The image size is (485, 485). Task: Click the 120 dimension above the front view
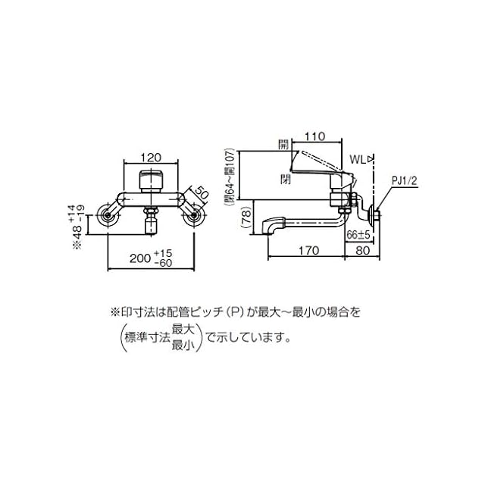tap(152, 158)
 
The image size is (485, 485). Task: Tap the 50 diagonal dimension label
tap(202, 194)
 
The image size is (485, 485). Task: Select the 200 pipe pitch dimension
tap(139, 258)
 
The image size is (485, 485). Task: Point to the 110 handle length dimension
tap(315, 136)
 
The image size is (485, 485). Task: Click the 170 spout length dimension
tap(308, 250)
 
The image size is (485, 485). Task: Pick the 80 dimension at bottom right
tap(362, 250)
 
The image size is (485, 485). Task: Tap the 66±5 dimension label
tap(358, 235)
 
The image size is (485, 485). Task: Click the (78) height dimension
tap(246, 218)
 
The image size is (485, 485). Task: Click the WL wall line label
tap(358, 160)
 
